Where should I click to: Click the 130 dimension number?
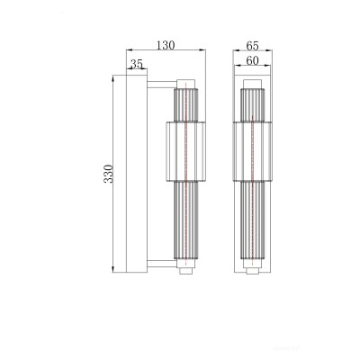(x=166, y=45)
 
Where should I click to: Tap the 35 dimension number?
(x=137, y=64)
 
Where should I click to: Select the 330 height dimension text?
(x=108, y=174)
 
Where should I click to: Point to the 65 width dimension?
(x=252, y=46)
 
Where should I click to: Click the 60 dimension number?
(x=252, y=61)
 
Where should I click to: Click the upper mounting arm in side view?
(x=162, y=85)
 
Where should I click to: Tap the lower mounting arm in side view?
(x=162, y=264)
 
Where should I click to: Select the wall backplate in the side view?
(x=137, y=174)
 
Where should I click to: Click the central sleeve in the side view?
(x=185, y=152)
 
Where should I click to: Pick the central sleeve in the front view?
(x=253, y=152)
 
